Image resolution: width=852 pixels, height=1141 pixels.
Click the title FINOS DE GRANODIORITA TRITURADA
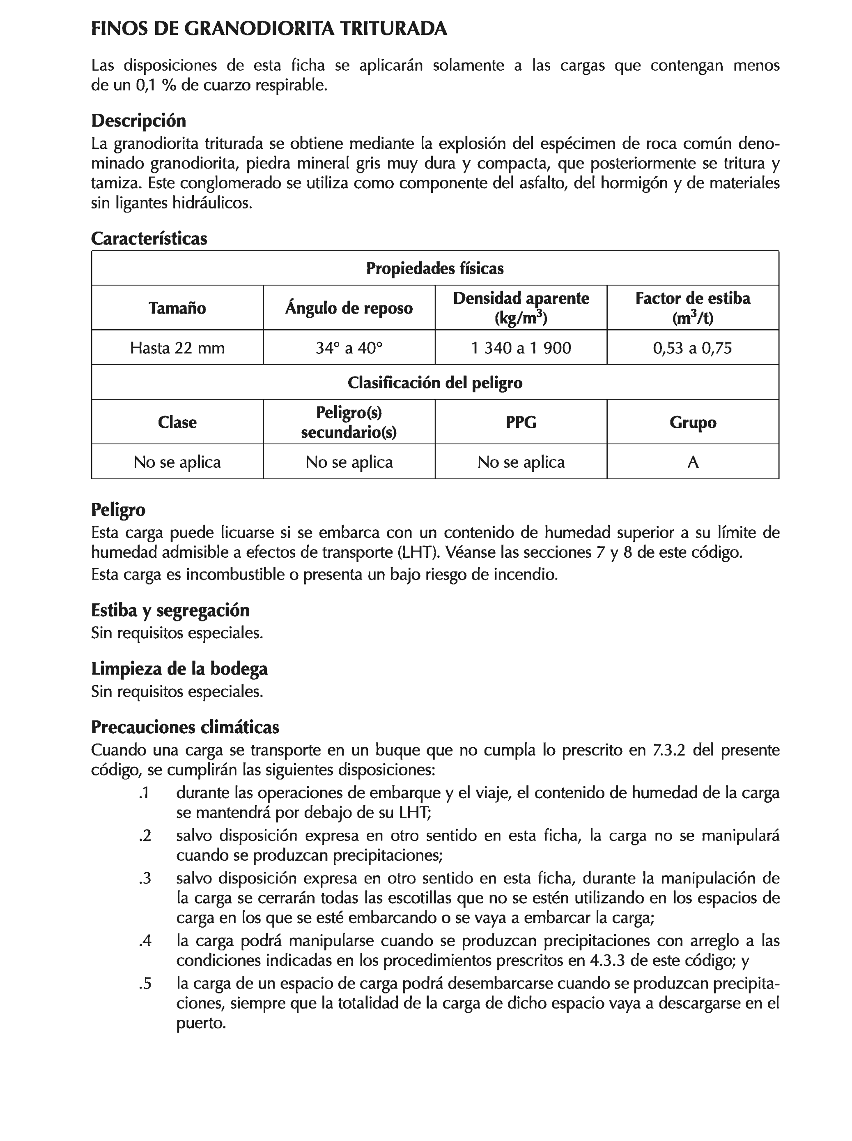point(269,28)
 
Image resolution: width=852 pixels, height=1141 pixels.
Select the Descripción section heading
point(138,121)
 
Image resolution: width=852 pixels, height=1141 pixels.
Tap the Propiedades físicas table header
point(434,268)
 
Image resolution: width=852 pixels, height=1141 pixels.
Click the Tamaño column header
point(177,308)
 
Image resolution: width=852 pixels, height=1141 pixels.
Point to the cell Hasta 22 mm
point(177,348)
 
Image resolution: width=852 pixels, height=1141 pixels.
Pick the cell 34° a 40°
point(349,348)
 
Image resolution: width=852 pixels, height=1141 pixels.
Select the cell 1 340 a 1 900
point(521,348)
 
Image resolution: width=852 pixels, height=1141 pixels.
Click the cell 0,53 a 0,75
point(692,348)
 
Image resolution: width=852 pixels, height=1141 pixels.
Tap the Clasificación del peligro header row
point(434,382)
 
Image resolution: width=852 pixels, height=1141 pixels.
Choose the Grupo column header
point(692,422)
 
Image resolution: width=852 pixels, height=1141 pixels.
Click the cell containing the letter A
point(692,462)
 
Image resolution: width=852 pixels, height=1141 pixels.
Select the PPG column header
point(521,422)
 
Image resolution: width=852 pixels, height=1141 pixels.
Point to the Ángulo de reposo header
point(349,308)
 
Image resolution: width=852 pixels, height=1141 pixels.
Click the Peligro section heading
point(118,510)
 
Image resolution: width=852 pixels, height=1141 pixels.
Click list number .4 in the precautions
point(145,941)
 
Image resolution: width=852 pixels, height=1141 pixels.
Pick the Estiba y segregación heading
point(170,610)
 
